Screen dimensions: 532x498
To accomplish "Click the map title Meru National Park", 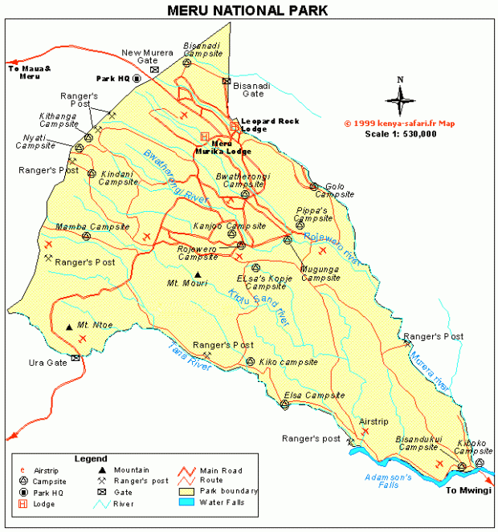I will point(247,10).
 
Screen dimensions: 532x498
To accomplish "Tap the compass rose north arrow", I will point(399,99).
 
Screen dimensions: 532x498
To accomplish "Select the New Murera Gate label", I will point(147,57).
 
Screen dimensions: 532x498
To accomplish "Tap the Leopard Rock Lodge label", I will point(270,124).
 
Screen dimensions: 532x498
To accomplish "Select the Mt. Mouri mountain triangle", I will point(198,274).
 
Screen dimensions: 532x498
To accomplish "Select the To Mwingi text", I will point(469,489).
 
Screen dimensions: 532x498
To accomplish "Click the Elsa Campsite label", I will point(314,396).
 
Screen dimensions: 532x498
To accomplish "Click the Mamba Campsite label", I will point(92,227).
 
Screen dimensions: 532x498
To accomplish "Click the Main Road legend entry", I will point(220,470).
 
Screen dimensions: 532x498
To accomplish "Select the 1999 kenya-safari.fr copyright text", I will point(399,124).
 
